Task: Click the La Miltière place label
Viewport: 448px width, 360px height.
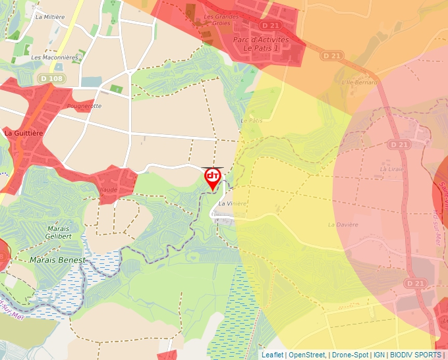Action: (50, 17)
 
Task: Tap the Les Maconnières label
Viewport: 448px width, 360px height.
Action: (55, 57)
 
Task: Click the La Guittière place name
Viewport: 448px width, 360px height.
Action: (24, 133)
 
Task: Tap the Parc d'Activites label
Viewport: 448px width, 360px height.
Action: (261, 39)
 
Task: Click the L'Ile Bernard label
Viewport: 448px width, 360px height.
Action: (360, 82)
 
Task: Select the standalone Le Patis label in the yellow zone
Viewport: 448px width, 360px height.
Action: (252, 120)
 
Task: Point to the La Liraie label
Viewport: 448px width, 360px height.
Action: (391, 169)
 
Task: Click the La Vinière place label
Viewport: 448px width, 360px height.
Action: (232, 203)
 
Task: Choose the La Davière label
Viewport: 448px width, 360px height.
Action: (343, 224)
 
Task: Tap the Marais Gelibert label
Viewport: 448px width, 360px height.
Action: (58, 232)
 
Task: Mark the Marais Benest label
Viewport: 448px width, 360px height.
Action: (57, 260)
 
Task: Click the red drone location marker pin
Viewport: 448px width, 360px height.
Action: (213, 177)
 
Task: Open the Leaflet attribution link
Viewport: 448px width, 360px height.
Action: (272, 355)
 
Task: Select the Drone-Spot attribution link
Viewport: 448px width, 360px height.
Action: (350, 355)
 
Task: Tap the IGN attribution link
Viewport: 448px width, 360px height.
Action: (379, 355)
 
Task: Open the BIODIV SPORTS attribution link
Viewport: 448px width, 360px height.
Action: (416, 355)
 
